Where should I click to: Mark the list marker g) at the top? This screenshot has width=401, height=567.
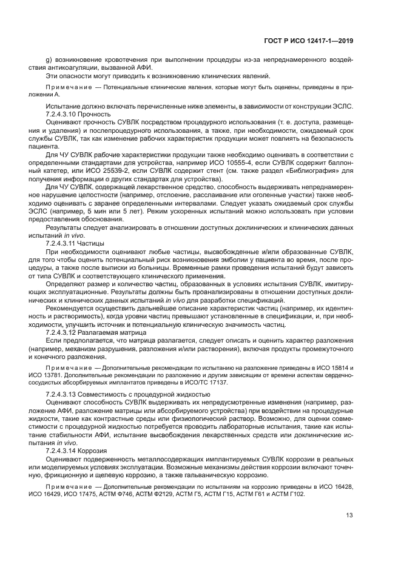click(x=49, y=60)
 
